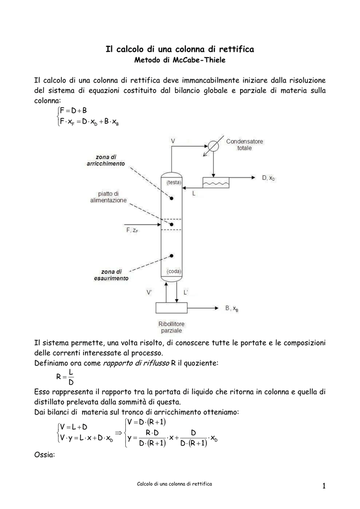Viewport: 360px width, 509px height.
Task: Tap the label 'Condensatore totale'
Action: [x=244, y=145]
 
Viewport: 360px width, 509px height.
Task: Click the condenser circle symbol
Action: [x=213, y=146]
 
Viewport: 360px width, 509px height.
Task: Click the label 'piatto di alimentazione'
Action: [x=108, y=197]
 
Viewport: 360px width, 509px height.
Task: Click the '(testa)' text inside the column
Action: [x=174, y=182]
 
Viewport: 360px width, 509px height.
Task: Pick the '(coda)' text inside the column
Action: [x=174, y=271]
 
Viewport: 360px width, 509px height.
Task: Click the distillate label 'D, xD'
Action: [x=269, y=177]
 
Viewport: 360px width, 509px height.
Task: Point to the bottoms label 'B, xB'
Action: [x=232, y=309]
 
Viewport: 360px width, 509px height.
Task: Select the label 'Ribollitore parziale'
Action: [x=171, y=327]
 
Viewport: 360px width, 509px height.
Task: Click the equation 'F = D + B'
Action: [x=73, y=110]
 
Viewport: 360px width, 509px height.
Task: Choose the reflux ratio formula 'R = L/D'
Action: [x=66, y=377]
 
